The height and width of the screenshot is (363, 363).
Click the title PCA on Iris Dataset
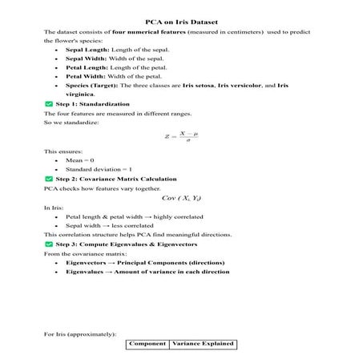coord(181,20)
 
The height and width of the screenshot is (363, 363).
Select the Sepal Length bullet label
coord(87,50)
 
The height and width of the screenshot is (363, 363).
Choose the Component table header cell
coord(147,344)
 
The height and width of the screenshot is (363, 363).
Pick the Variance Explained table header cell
coord(203,344)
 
